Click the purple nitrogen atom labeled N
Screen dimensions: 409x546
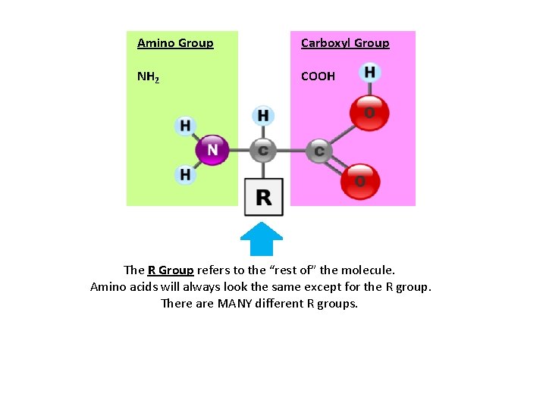[x=212, y=150]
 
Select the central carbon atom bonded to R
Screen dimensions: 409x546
[x=262, y=151]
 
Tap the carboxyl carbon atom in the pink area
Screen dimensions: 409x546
[x=318, y=151]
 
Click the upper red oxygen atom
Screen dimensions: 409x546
[x=369, y=113]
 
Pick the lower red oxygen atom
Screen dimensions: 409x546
[x=359, y=181]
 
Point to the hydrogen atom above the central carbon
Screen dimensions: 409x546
[x=262, y=116]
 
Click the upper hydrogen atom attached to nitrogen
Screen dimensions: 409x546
[x=185, y=126]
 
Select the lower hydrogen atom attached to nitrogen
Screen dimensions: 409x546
[x=185, y=175]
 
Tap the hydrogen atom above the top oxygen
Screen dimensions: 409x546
[x=369, y=73]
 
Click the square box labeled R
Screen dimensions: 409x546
[x=263, y=197]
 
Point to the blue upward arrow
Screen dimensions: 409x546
[x=262, y=240]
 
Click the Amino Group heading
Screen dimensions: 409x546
[x=175, y=43]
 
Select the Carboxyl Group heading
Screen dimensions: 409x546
[x=345, y=43]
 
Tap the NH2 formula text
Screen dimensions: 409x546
[x=148, y=76]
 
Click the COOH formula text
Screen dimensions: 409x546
[x=318, y=76]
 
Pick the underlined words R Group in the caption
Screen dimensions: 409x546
[x=171, y=270]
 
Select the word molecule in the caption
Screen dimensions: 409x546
[x=367, y=270]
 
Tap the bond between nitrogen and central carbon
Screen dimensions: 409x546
[x=238, y=151]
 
